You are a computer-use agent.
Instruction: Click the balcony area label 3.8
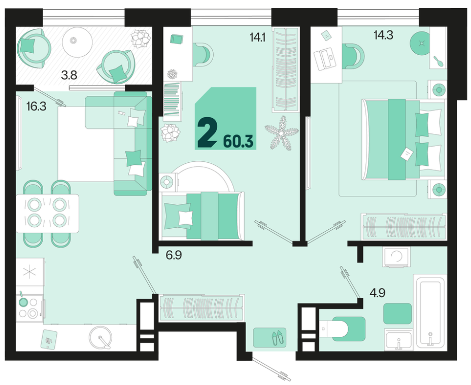click(x=69, y=75)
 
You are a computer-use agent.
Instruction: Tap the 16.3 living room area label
click(x=37, y=107)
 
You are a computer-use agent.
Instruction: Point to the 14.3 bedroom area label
click(x=384, y=36)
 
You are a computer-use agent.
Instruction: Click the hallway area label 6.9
click(x=174, y=255)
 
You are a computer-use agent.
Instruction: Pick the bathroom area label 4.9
click(x=378, y=293)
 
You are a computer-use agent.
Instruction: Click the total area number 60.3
click(x=239, y=142)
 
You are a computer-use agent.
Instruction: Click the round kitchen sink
click(x=100, y=337)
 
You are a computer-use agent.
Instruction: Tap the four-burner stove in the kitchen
click(x=30, y=308)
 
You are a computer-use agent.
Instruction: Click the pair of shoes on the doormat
click(x=278, y=337)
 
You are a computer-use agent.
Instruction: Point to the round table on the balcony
click(x=77, y=42)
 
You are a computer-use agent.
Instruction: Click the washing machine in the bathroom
click(x=396, y=257)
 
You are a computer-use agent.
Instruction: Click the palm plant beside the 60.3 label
click(x=282, y=133)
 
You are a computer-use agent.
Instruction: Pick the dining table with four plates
click(x=48, y=213)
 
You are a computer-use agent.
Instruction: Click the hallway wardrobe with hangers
click(x=201, y=307)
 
